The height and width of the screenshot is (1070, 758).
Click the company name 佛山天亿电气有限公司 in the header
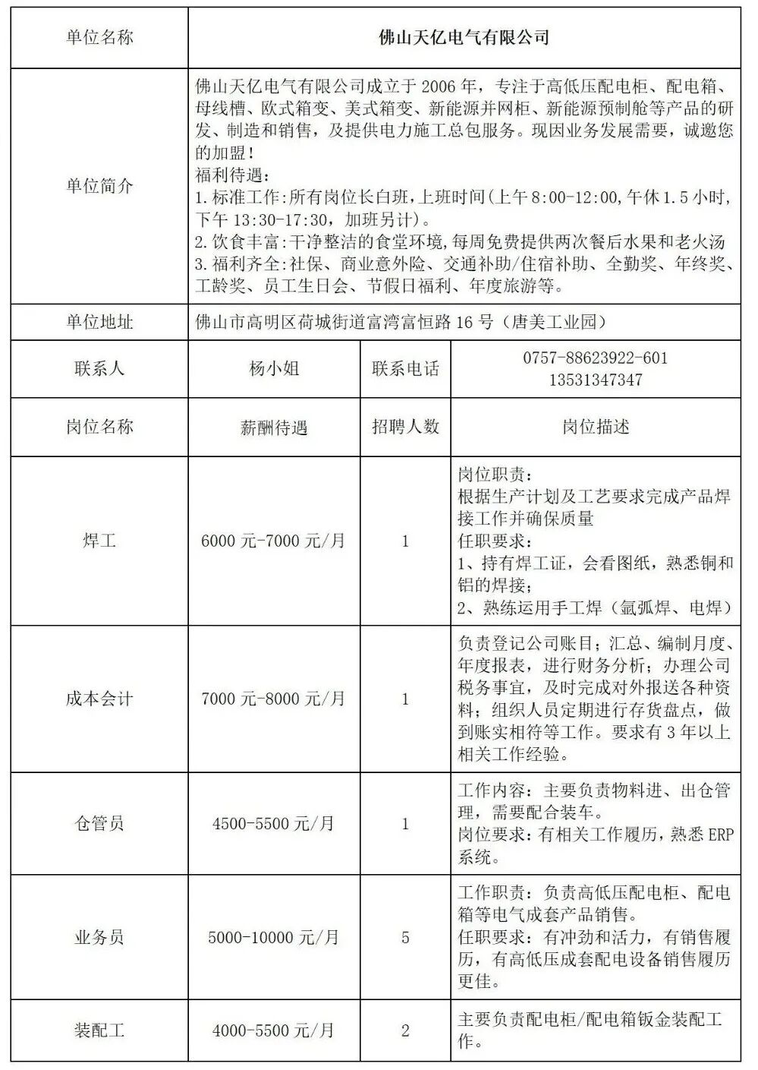464,38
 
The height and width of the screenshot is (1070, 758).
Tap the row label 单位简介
99,186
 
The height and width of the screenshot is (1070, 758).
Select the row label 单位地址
99,322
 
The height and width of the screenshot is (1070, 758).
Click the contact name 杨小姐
274,369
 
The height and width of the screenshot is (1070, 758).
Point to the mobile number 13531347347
595,380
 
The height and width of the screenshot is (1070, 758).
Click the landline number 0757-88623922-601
595,358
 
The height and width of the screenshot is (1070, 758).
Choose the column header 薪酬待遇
274,428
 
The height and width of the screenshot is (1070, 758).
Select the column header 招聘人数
405,427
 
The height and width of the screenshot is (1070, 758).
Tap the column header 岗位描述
595,427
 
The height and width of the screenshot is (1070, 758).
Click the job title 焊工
99,541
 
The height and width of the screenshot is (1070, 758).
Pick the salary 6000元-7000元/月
273,541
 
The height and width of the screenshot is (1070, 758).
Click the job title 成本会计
99,699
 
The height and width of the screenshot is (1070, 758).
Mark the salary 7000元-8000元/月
273,699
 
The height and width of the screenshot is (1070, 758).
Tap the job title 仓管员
99,823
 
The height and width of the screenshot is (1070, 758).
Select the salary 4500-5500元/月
273,823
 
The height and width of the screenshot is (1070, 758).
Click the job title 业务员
99,937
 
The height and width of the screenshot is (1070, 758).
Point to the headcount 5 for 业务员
405,937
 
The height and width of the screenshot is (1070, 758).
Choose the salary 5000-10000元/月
273,937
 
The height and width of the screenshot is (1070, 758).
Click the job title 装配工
99,1031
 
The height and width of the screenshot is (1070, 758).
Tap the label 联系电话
405,369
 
